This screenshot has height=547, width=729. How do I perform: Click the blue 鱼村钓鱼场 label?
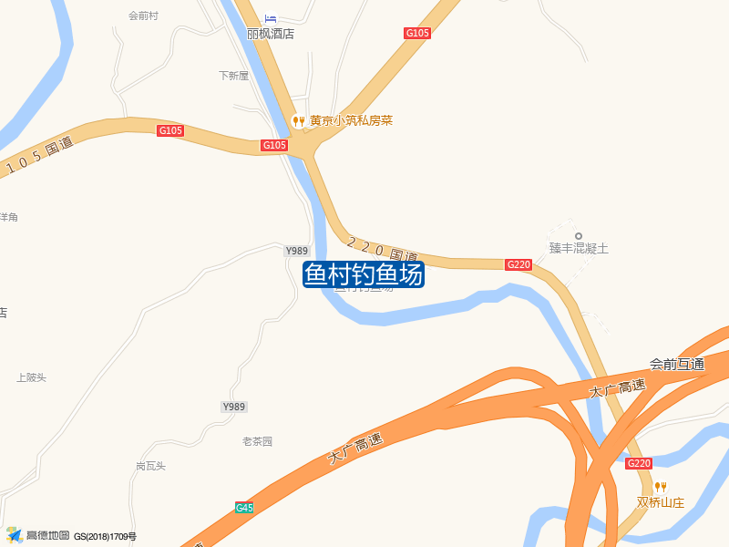tap(364, 274)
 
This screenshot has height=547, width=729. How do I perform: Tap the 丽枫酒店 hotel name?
tap(271, 34)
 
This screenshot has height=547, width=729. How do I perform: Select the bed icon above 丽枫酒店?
tap(270, 18)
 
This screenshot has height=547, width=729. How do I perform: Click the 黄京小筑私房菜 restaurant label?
tap(351, 120)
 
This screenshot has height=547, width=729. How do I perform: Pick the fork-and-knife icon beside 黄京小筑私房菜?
tap(297, 120)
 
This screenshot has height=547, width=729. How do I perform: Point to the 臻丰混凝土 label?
tap(578, 248)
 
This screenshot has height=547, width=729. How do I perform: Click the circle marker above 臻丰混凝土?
tap(578, 236)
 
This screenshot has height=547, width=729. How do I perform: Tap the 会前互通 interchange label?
tap(677, 364)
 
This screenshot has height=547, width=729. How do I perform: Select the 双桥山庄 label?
tap(661, 502)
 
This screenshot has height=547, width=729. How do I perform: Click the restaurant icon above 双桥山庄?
tap(661, 487)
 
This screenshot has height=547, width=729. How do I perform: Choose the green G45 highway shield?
tap(244, 508)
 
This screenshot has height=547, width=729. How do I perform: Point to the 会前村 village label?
tap(144, 15)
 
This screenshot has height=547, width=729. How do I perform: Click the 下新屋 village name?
tap(233, 76)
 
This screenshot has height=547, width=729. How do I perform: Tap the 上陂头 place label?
tap(31, 377)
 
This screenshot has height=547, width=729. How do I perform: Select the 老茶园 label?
tap(257, 441)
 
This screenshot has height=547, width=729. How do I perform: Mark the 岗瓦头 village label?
tap(150, 466)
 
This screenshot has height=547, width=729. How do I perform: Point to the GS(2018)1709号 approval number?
tap(105, 537)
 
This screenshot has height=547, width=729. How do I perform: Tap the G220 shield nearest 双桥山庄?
tap(639, 463)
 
